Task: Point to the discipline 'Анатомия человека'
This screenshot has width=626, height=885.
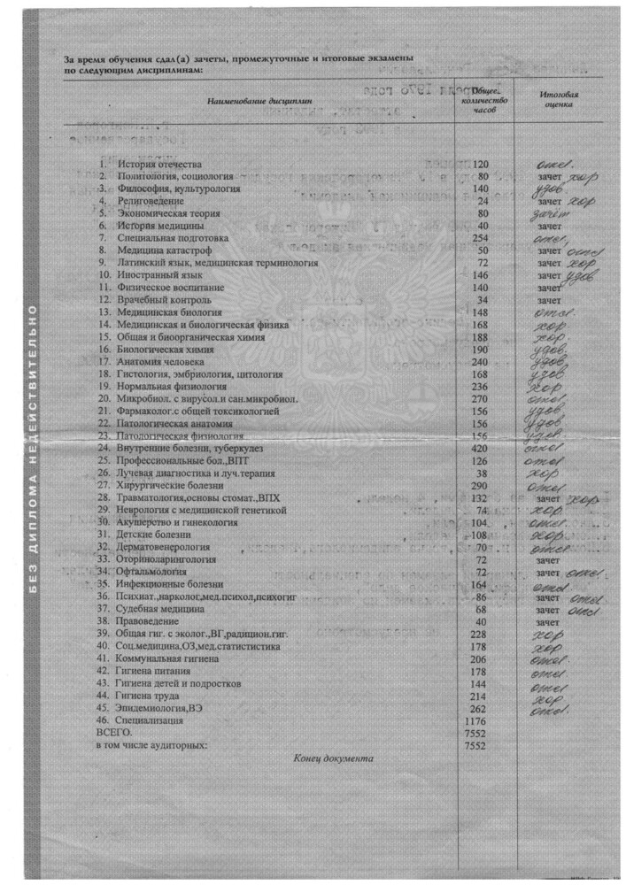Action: pos(162,362)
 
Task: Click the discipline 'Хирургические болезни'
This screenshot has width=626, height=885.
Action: pos(168,486)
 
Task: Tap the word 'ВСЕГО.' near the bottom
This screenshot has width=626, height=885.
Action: pos(114,733)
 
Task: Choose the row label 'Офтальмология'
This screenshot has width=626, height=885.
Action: pos(152,573)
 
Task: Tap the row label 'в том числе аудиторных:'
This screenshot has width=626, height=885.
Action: pos(151,745)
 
